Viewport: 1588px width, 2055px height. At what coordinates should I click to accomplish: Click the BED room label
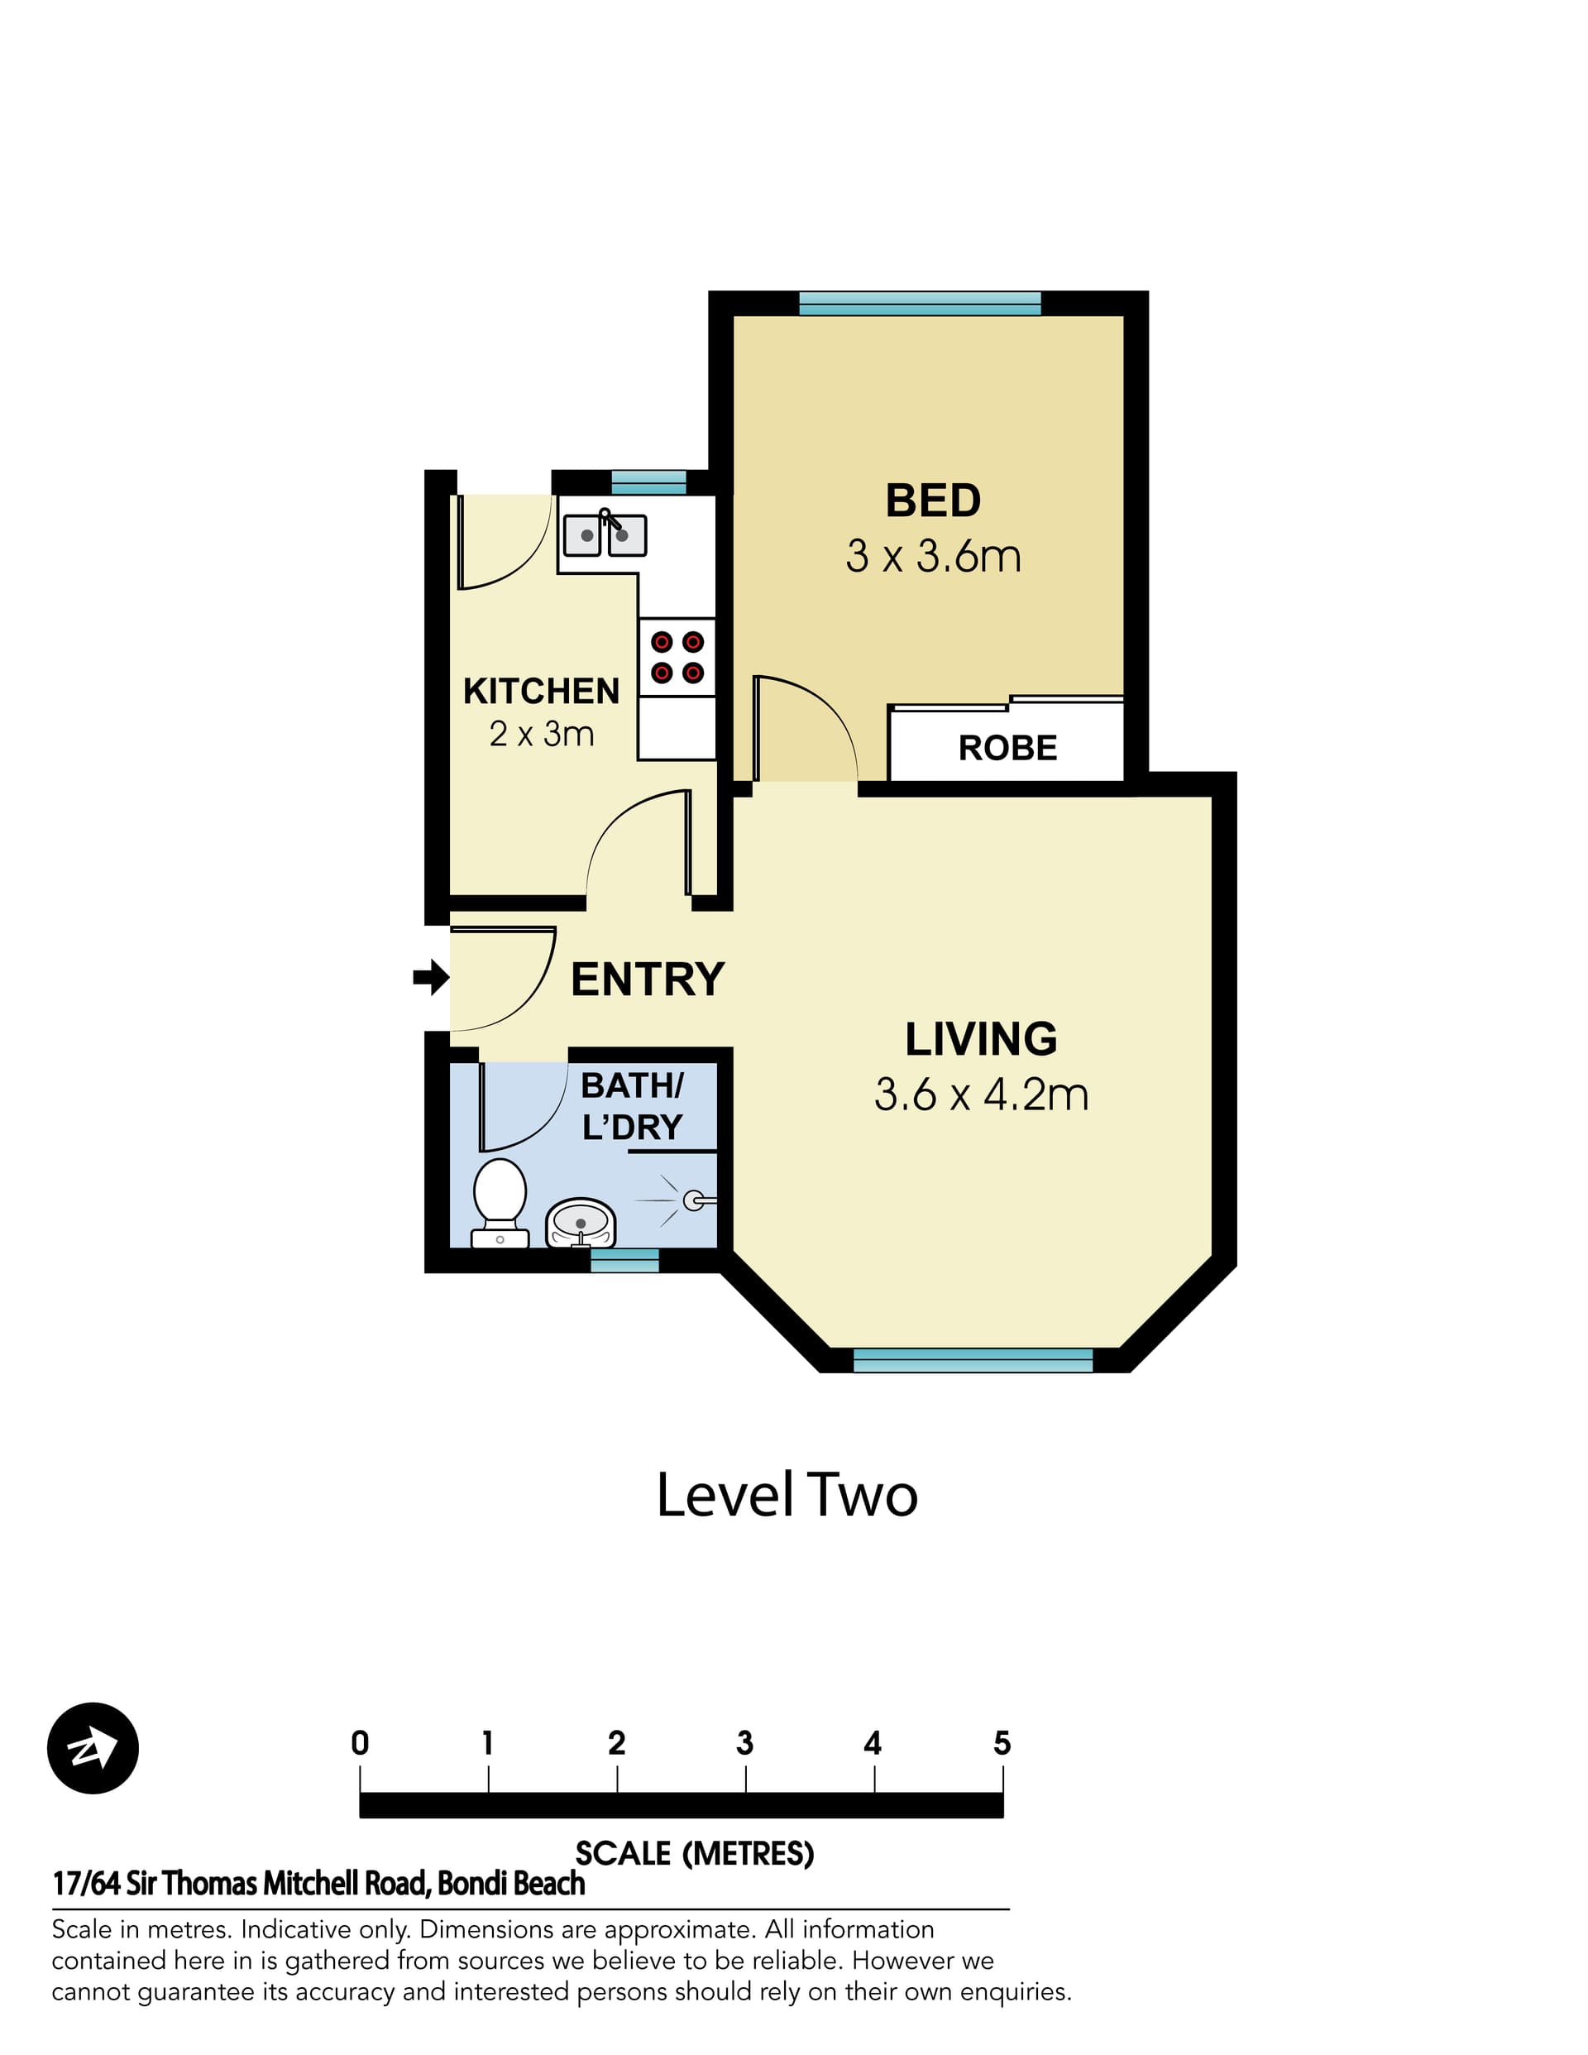click(x=932, y=501)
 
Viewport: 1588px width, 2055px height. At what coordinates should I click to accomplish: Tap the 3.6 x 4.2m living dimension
click(x=980, y=1095)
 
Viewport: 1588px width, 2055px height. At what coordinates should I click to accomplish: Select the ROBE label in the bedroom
click(x=1007, y=748)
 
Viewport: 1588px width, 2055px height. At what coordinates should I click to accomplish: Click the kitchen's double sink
click(x=605, y=535)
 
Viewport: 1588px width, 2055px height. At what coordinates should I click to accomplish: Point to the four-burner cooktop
click(x=677, y=657)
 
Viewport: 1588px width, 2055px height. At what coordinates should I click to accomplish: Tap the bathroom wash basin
click(x=581, y=1221)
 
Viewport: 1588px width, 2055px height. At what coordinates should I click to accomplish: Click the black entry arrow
click(x=431, y=978)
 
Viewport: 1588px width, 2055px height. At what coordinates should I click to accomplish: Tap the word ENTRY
click(x=648, y=980)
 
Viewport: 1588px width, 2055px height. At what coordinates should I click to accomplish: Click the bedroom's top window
click(x=919, y=303)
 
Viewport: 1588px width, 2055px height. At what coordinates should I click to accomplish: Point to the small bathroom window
click(x=624, y=1260)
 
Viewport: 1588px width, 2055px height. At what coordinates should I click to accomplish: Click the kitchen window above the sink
click(x=648, y=482)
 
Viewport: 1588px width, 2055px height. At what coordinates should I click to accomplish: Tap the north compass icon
click(x=92, y=1747)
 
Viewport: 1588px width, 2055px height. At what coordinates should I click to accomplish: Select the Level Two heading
click(x=787, y=1495)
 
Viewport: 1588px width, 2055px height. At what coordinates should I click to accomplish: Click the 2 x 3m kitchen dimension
click(x=541, y=734)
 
